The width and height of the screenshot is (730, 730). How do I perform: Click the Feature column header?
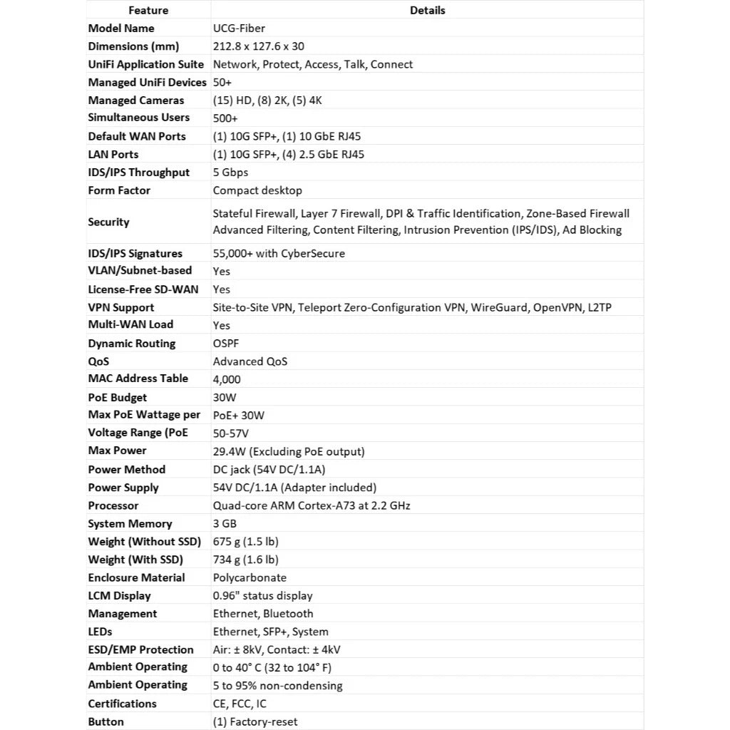click(x=148, y=10)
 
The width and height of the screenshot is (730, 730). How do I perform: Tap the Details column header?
click(x=427, y=10)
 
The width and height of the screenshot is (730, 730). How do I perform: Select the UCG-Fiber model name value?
click(x=239, y=29)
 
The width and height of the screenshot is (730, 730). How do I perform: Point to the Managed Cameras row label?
click(x=135, y=101)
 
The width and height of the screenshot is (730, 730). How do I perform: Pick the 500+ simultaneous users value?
click(x=225, y=118)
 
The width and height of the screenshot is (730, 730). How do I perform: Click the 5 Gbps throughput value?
click(x=230, y=173)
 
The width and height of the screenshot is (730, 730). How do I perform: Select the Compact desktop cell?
click(x=257, y=190)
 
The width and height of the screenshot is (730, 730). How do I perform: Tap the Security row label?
click(x=108, y=222)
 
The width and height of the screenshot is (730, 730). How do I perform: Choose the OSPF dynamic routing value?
click(x=226, y=344)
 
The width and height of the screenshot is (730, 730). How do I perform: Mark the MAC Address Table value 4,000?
click(x=227, y=379)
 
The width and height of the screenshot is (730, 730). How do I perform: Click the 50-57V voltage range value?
click(x=230, y=433)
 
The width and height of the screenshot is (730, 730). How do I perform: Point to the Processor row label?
click(x=113, y=505)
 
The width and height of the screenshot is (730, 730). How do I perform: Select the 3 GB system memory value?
click(x=225, y=523)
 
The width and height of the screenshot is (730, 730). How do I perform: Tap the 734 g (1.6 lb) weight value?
click(x=245, y=560)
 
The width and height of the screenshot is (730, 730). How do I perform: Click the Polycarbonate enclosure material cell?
click(x=250, y=577)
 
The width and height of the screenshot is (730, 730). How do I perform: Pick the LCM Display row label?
click(x=119, y=595)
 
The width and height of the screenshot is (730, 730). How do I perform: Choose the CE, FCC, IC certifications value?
click(x=240, y=704)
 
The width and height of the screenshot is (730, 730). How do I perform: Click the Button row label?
click(x=106, y=721)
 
